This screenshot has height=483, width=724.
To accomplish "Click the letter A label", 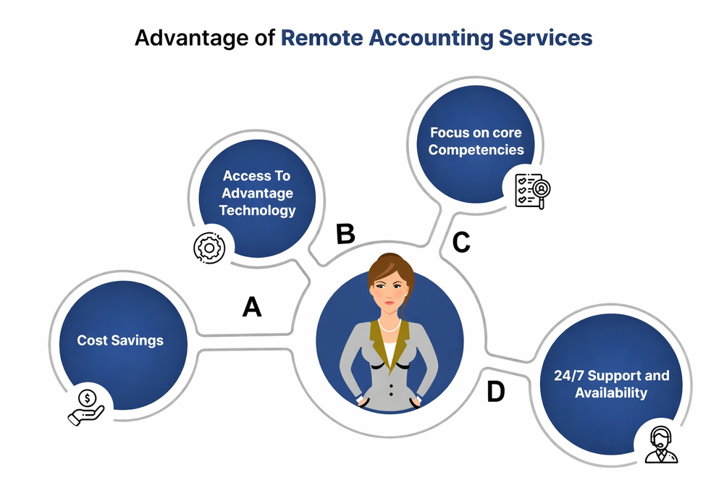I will (x=251, y=307).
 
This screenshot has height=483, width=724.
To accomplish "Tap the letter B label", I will (x=345, y=234).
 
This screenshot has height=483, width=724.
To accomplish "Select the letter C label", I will (x=461, y=243).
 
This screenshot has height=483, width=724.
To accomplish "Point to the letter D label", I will (x=495, y=392).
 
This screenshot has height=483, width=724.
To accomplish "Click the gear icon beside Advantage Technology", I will (x=209, y=247).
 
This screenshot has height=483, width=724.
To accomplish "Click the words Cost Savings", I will (x=120, y=340).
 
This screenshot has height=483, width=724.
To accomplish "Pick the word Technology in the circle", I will (x=258, y=211).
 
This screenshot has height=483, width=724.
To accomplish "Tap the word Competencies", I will (x=476, y=151).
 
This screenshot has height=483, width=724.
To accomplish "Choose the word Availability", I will (x=611, y=393).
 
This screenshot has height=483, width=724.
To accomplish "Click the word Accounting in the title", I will (x=433, y=38).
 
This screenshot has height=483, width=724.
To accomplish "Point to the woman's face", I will (x=390, y=293).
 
